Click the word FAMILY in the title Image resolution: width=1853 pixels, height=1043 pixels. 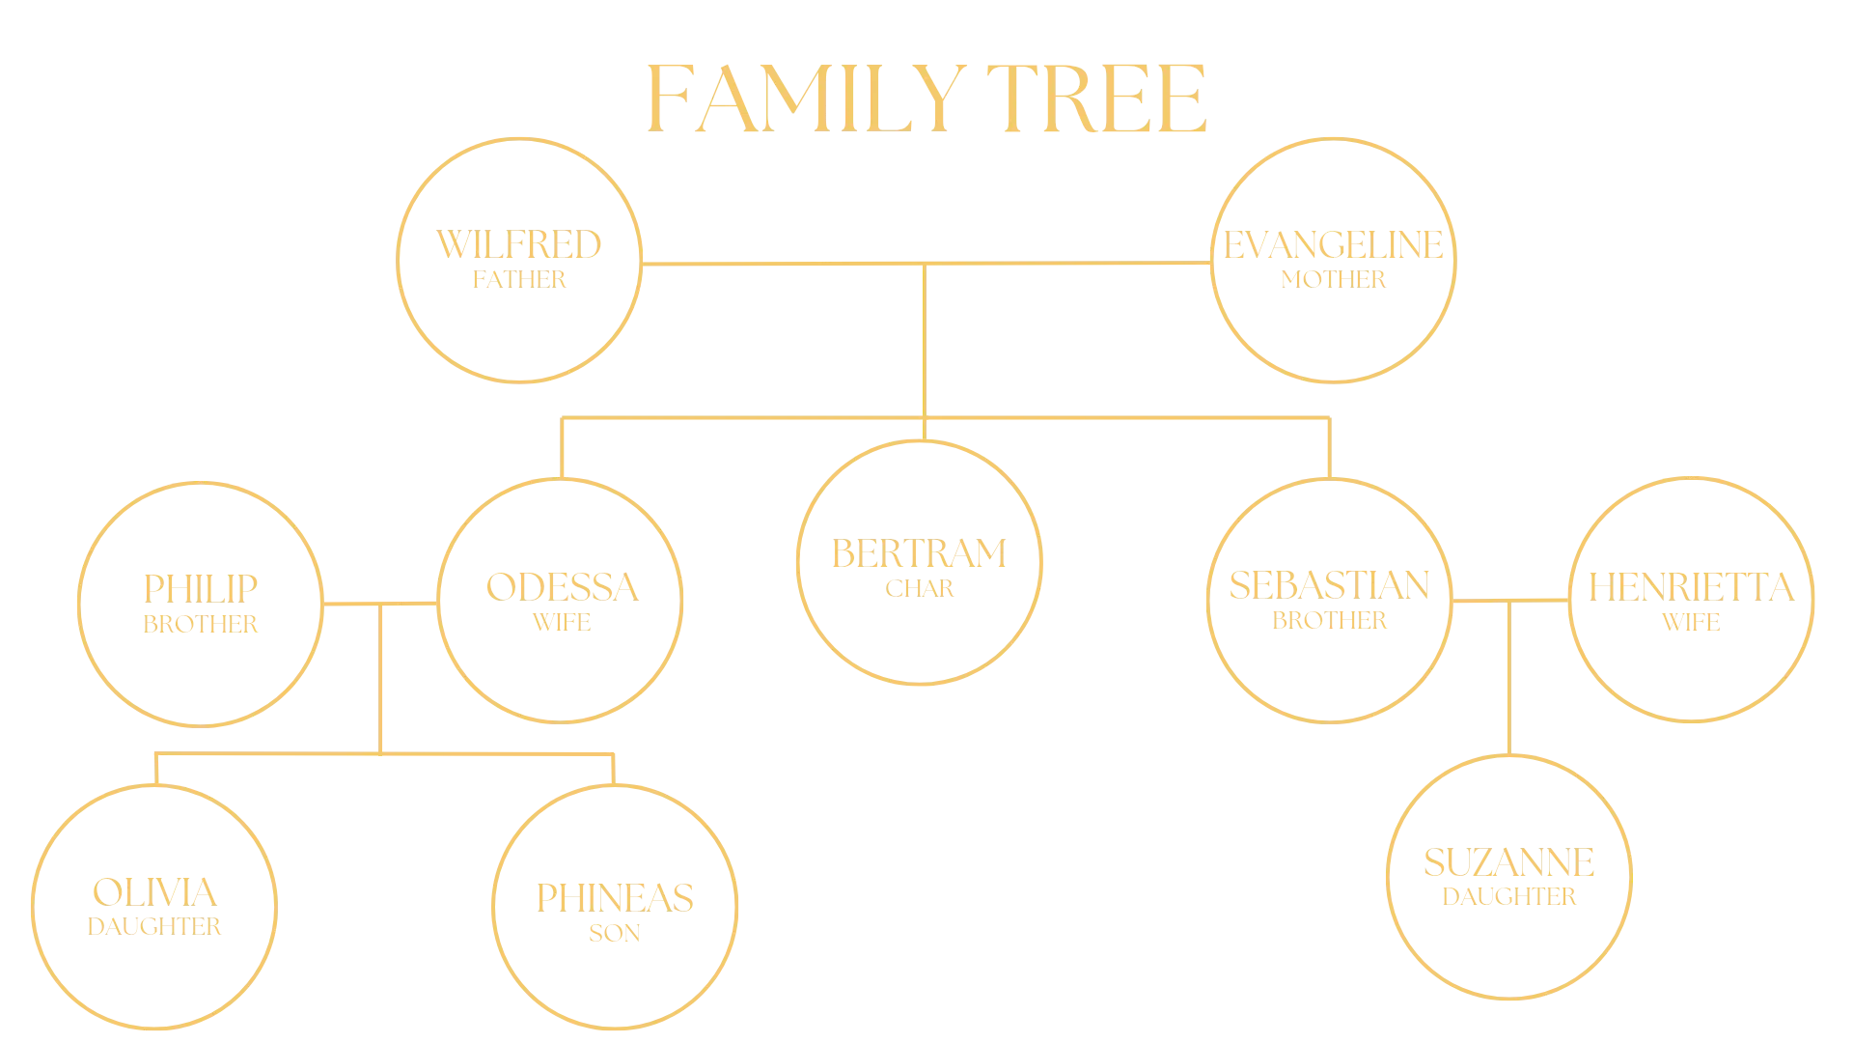[x=807, y=99]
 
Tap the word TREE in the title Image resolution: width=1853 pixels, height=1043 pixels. [x=1096, y=99]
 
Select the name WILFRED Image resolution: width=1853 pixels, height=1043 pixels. [x=519, y=245]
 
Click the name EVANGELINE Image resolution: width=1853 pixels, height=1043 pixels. [x=1334, y=245]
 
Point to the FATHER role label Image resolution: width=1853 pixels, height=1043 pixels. [x=519, y=280]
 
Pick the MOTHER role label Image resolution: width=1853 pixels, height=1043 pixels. [x=1334, y=280]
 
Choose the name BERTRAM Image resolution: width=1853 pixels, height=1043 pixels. [x=920, y=554]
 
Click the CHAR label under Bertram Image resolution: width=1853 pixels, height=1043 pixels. [x=920, y=589]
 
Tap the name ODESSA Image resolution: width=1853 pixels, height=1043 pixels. [x=563, y=588]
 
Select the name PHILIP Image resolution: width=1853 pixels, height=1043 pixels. [x=201, y=589]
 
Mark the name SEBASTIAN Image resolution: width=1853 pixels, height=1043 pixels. [x=1330, y=585]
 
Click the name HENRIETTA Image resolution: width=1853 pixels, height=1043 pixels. [x=1692, y=587]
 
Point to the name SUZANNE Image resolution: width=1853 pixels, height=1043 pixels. [x=1509, y=862]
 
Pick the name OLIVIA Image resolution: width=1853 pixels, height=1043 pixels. [x=154, y=892]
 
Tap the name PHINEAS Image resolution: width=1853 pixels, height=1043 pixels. [x=615, y=898]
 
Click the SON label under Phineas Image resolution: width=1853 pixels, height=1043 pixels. [x=615, y=933]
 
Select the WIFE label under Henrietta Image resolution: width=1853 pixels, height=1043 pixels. [x=1692, y=623]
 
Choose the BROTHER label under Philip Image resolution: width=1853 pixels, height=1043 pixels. [x=201, y=625]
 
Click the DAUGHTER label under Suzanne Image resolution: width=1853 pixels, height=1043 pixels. [x=1509, y=897]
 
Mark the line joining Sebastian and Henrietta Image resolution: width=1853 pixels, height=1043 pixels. [x=1510, y=601]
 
